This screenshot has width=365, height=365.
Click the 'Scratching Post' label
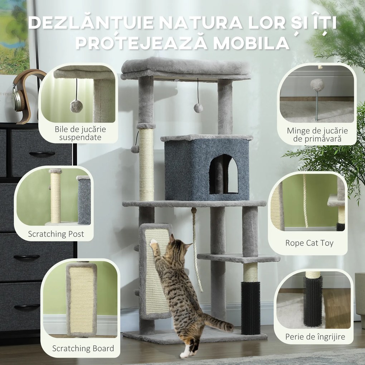point(56,234)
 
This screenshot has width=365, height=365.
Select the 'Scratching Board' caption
point(83,348)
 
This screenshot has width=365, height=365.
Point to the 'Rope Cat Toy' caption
point(309,243)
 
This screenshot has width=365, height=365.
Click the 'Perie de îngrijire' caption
point(315,337)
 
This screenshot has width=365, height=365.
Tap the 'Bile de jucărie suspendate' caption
point(80,133)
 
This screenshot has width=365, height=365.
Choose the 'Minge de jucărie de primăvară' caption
point(317,135)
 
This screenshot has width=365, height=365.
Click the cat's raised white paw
point(154,243)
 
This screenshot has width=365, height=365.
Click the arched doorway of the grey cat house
point(223,175)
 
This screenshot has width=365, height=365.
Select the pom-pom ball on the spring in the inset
point(317,85)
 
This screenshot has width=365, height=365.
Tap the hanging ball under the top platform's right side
point(198,108)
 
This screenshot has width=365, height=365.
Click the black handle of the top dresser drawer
point(42,154)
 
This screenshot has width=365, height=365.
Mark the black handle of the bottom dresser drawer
point(27,307)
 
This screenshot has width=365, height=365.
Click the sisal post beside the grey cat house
point(146,165)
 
